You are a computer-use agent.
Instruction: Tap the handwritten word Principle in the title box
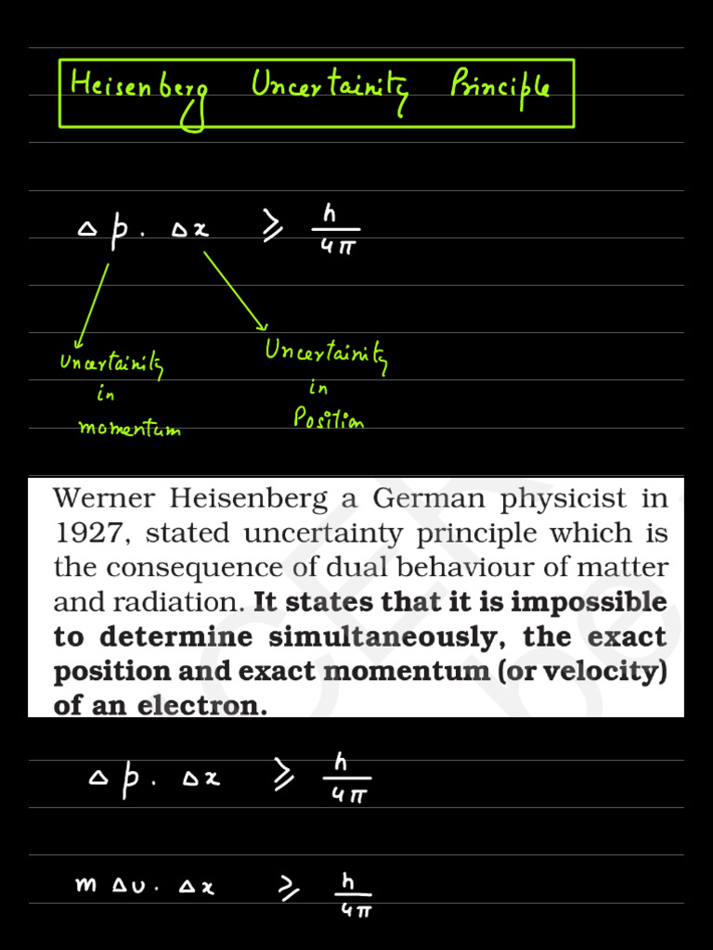[x=499, y=88]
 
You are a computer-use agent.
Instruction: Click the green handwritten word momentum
[x=129, y=428]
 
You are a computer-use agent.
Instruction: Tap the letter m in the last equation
[x=85, y=885]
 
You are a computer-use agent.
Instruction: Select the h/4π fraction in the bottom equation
[x=352, y=894]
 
